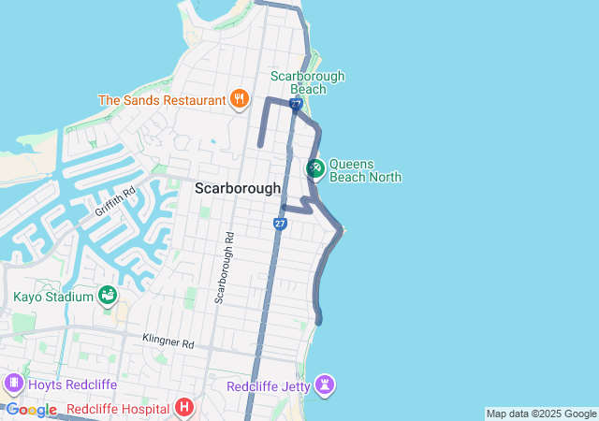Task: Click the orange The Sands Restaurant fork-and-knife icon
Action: coord(240,99)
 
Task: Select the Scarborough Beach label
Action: coord(307,82)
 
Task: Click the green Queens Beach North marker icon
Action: coord(315,168)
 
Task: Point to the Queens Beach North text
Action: coord(365,168)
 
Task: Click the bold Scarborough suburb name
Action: coord(237,188)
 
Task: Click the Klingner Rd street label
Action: coord(168,342)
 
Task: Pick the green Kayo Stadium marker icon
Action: coord(108,297)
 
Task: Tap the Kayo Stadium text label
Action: coord(53,298)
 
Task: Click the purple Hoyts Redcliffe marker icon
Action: coord(13,383)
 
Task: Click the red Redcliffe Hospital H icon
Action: coord(184,409)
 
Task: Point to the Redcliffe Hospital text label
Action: coord(117,410)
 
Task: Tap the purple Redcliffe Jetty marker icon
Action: coord(325,385)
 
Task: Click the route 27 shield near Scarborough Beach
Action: coord(296,105)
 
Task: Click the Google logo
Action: coord(31,410)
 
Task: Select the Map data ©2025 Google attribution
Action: coord(540,414)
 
